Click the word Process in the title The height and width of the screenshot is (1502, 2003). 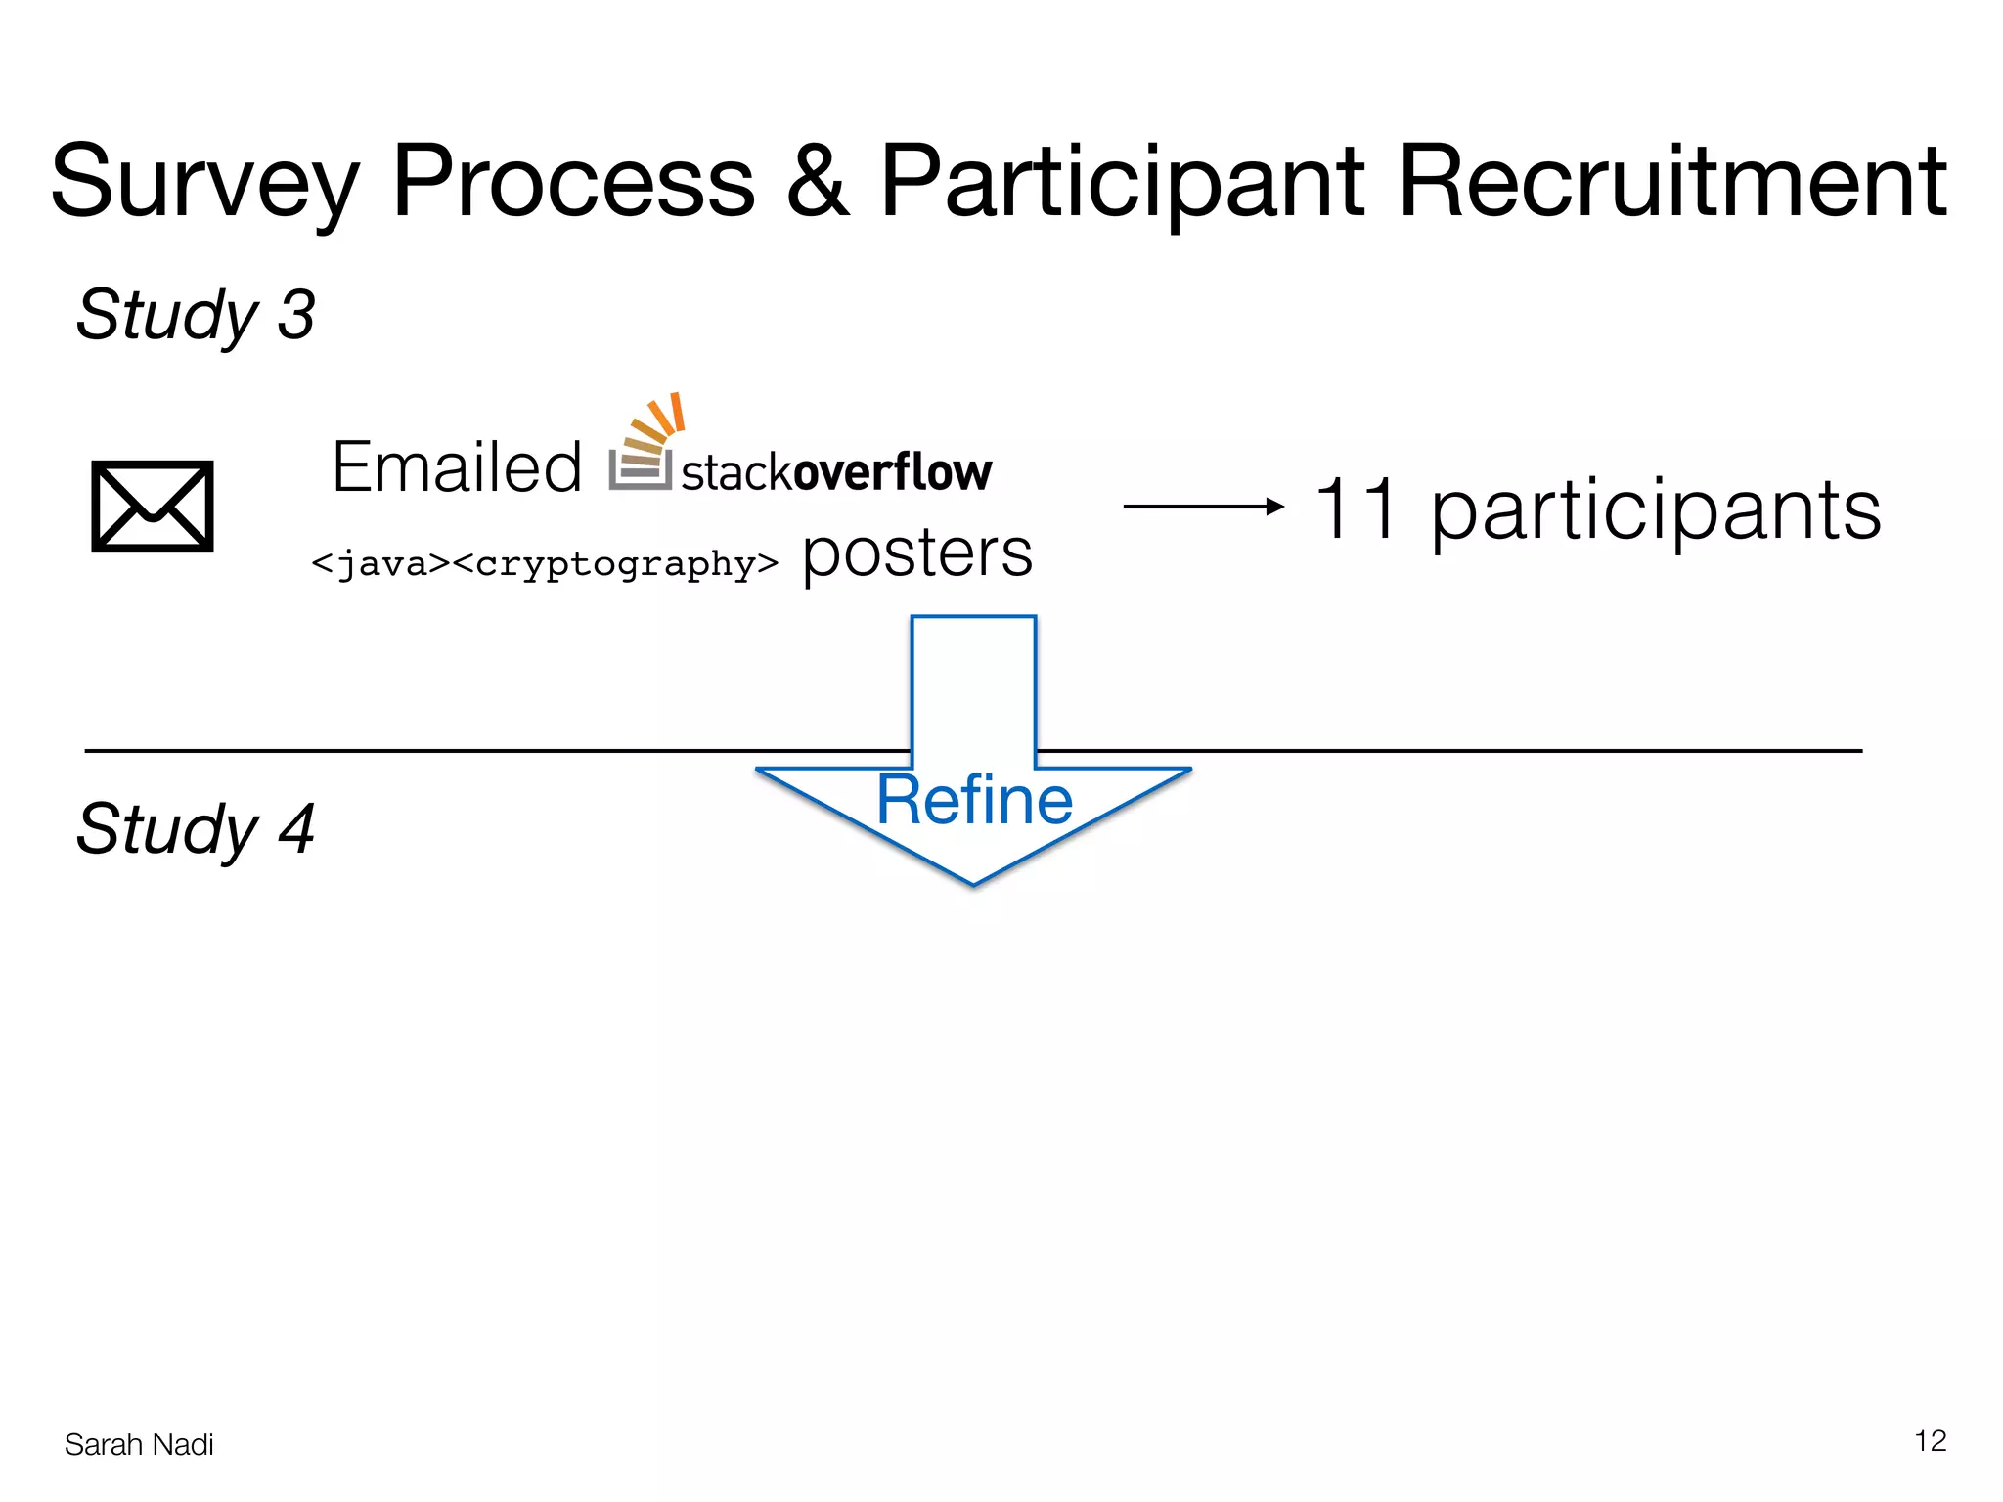(574, 182)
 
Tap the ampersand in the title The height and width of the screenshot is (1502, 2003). (817, 182)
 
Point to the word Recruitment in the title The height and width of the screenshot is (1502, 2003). (1673, 182)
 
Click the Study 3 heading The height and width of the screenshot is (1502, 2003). (196, 315)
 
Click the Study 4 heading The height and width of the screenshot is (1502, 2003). (196, 829)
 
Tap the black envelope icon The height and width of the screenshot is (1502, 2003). (153, 507)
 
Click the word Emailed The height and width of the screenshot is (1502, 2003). (457, 467)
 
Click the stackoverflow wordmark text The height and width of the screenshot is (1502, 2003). (836, 472)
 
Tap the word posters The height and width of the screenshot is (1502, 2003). (916, 553)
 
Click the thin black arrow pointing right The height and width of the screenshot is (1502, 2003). (1203, 507)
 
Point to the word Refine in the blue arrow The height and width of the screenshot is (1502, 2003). (974, 800)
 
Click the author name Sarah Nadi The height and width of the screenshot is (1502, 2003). (139, 1444)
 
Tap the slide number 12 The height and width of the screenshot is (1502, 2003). (1930, 1440)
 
